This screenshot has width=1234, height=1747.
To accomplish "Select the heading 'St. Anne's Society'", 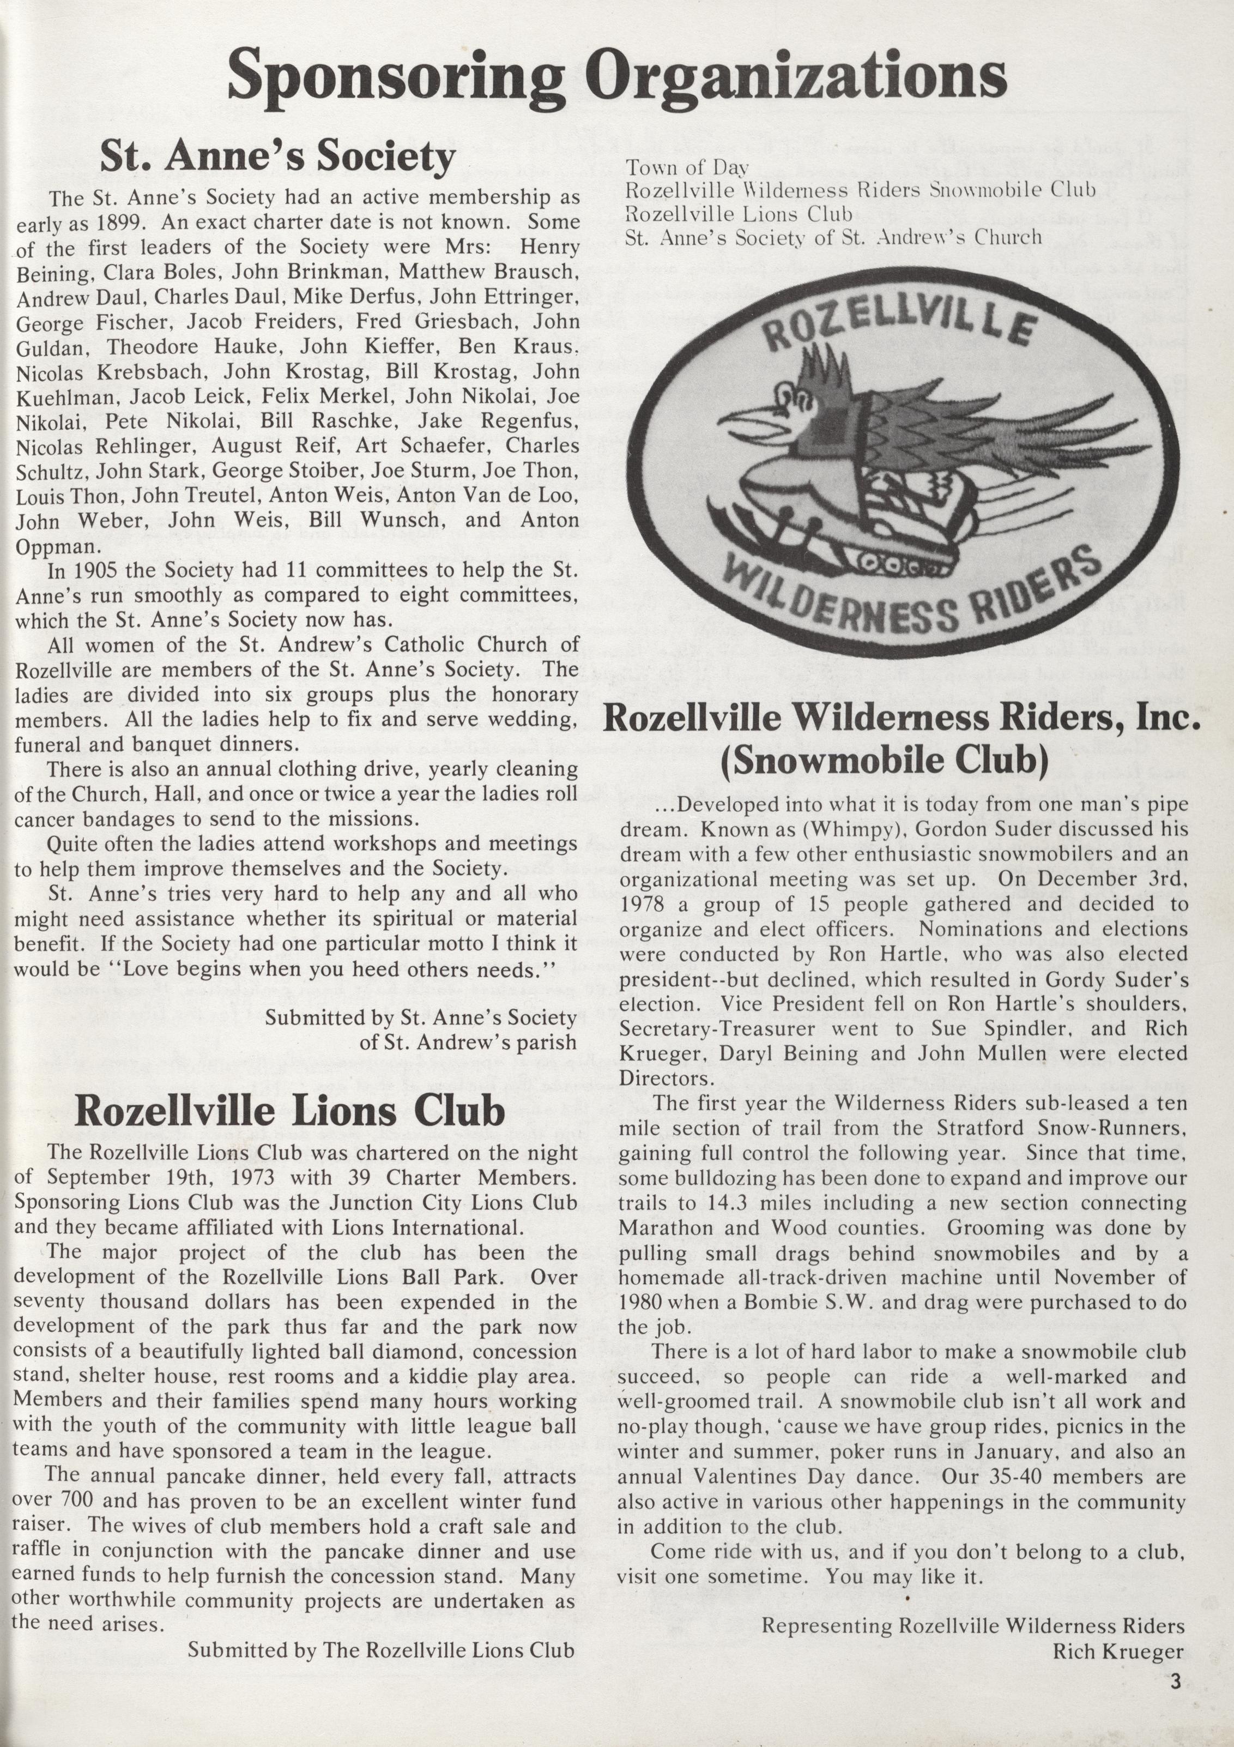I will click(x=277, y=158).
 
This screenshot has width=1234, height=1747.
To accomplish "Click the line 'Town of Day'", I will click(x=686, y=168).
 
